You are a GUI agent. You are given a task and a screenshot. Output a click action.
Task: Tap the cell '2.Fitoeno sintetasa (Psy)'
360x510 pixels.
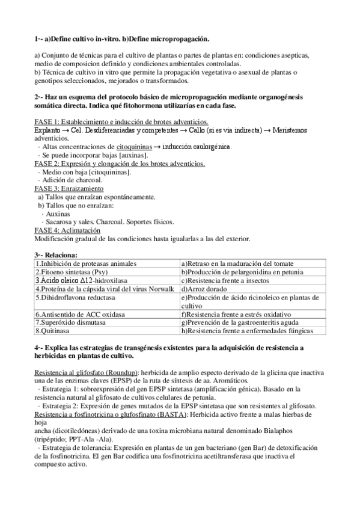66,272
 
